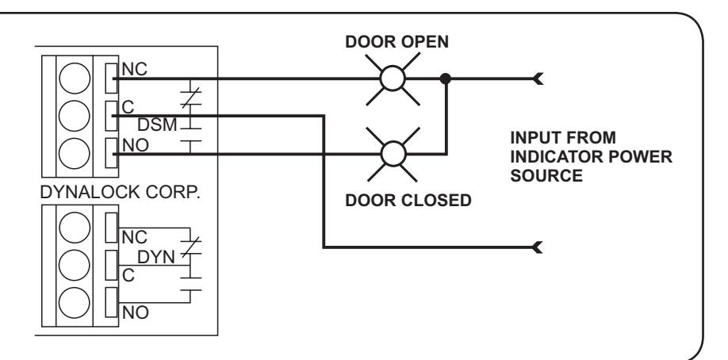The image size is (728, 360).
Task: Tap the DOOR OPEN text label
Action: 397,42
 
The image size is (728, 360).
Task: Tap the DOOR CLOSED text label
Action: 408,200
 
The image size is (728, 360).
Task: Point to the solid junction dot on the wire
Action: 445,79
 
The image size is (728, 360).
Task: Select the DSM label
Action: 157,125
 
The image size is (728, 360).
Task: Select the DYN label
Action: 156,257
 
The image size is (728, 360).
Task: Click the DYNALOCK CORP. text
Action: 121,193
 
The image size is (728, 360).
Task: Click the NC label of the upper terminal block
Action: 134,69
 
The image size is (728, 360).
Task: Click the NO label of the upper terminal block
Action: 136,145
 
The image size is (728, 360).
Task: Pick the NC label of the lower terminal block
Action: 134,237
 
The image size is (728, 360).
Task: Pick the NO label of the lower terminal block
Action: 136,312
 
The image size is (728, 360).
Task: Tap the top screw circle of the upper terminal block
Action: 75,78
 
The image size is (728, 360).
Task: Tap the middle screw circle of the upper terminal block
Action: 75,116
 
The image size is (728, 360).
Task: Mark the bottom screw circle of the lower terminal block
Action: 75,302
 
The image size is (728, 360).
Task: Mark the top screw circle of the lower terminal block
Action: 75,227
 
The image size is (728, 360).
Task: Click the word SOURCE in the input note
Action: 546,175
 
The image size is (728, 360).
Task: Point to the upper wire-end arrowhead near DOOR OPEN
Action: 538,79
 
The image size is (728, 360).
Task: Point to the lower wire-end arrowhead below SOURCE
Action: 538,247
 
